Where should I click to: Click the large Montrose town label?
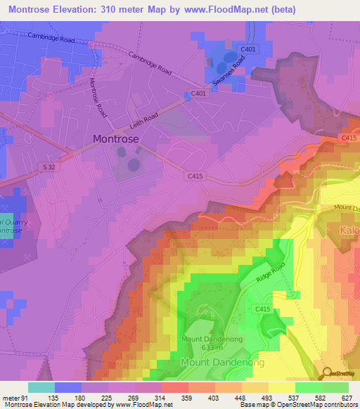(116, 139)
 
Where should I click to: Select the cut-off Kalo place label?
(349, 231)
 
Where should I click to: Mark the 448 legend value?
(227, 397)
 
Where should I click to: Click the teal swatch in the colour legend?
(41, 387)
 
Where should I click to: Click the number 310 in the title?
(108, 10)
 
